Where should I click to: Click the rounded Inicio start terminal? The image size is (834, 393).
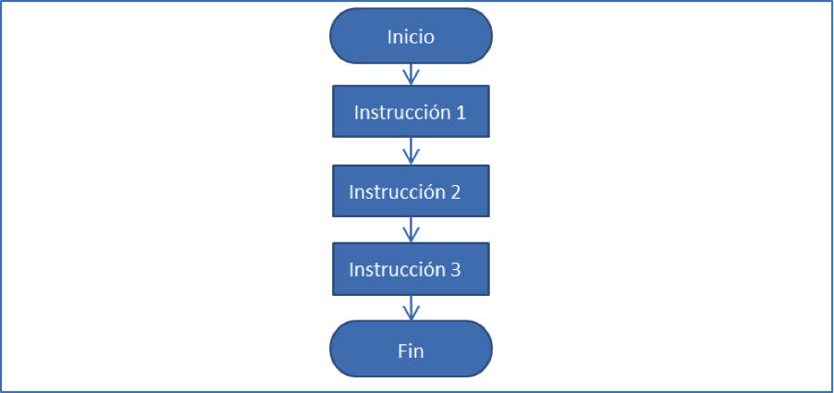411,36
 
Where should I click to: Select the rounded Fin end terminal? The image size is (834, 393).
411,350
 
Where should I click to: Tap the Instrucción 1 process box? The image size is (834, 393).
411,112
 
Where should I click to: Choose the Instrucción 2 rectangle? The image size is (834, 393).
411,191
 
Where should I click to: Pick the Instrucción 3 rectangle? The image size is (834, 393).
411,270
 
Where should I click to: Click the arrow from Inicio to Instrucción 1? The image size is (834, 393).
411,74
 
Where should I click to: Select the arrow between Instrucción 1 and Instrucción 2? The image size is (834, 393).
411,151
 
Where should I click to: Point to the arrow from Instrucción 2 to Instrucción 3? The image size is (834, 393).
411,230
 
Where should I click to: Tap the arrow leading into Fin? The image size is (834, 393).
411,308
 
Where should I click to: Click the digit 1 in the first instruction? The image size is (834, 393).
460,113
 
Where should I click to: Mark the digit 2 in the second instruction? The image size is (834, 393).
454,192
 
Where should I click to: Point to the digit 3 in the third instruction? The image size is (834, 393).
454,270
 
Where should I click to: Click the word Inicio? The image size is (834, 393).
411,37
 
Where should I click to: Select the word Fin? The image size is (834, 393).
411,350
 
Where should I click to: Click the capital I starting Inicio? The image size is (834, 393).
390,37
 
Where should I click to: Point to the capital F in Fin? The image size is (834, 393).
401,350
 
